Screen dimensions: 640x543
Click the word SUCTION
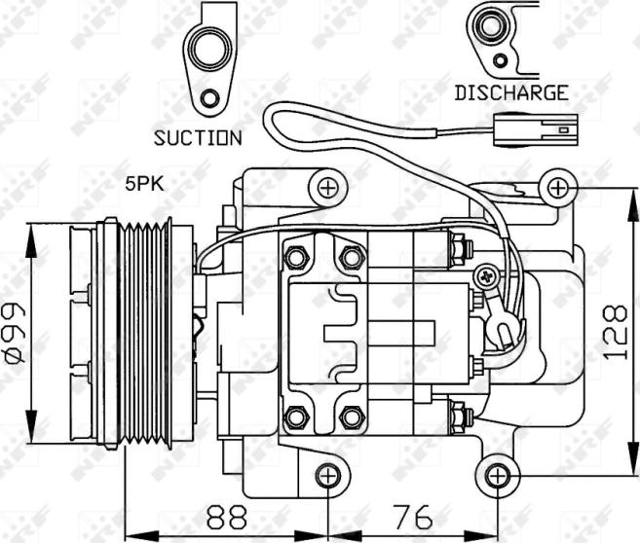[198, 138]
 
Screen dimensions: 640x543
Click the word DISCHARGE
[511, 93]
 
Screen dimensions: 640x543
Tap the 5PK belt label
[144, 184]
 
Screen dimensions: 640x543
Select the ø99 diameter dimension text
[16, 333]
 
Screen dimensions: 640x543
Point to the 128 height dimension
[616, 332]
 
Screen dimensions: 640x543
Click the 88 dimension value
[227, 517]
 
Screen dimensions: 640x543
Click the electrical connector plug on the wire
[536, 130]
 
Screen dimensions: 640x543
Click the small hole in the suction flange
[210, 98]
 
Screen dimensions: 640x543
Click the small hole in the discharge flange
[501, 60]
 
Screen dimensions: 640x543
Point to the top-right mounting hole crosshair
[557, 189]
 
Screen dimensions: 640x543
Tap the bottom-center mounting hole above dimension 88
[328, 475]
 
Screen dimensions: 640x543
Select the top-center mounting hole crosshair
[327, 188]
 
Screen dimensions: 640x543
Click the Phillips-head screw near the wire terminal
[486, 277]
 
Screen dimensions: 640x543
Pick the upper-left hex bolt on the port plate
[295, 257]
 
